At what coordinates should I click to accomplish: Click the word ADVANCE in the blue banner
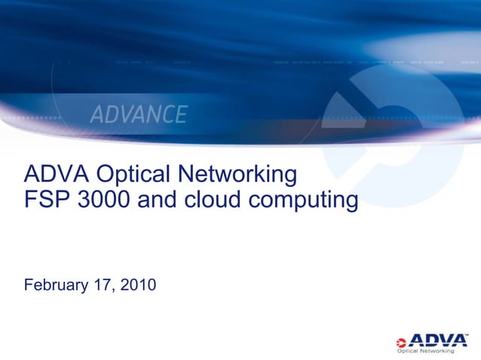[139, 114]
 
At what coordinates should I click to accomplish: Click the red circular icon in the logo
[403, 340]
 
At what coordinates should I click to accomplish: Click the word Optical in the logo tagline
[411, 350]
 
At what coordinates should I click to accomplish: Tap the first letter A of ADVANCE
[98, 115]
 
